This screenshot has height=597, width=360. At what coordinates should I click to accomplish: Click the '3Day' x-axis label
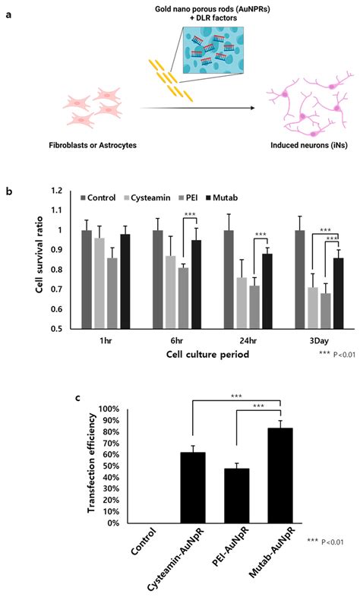click(x=307, y=341)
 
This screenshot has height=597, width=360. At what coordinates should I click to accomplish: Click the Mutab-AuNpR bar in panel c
click(x=280, y=475)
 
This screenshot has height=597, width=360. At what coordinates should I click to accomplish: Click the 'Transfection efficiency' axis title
click(x=92, y=463)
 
